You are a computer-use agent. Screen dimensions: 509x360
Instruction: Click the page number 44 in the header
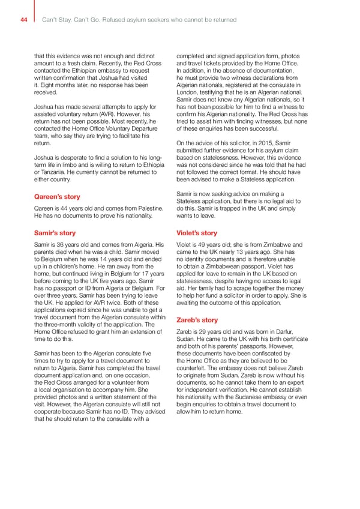23,20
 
